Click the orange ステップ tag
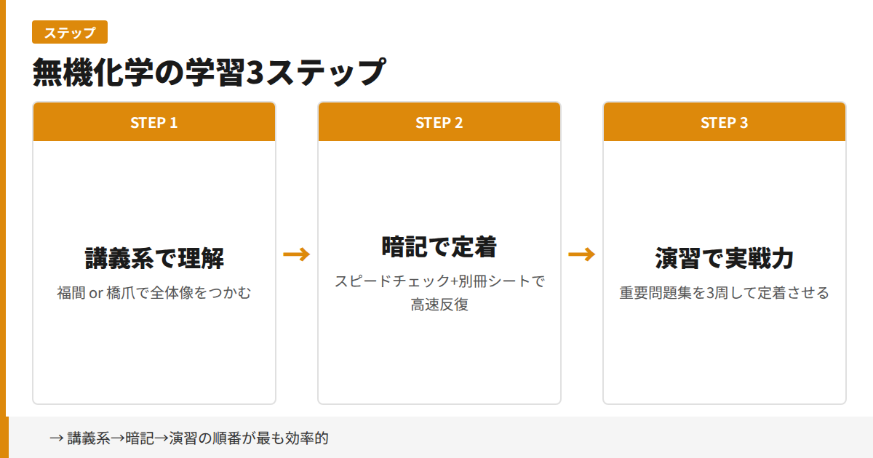coord(70,33)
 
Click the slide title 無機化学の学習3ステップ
coord(208,73)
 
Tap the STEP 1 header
coord(154,122)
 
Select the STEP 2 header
coord(439,122)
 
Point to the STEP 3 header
coord(725,122)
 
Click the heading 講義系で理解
coord(154,258)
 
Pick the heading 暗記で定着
coord(439,247)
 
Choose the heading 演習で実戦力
coord(725,258)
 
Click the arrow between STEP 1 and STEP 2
coord(297,254)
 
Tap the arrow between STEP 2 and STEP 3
coord(582,254)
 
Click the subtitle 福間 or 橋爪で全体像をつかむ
coord(154,294)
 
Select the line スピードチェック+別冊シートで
coord(439,281)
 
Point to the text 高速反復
coord(439,305)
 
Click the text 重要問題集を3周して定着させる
coord(725,294)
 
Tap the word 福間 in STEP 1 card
coord(71,294)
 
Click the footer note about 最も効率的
coord(189,438)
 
